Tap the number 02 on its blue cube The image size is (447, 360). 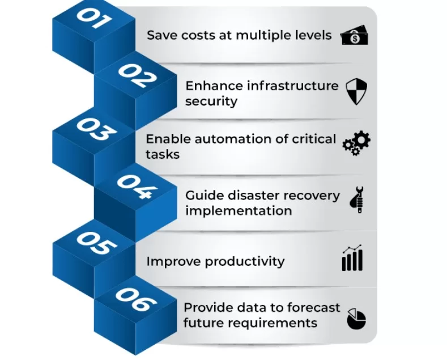pyautogui.click(x=137, y=75)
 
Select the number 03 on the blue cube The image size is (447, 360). pyautogui.click(x=93, y=130)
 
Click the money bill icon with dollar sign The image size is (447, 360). pyautogui.click(x=355, y=36)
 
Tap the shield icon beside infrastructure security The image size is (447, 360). pyautogui.click(x=356, y=91)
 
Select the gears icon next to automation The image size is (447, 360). pyautogui.click(x=356, y=143)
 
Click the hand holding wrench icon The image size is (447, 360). pyautogui.click(x=356, y=200)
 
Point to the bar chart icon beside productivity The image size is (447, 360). pyautogui.click(x=352, y=259)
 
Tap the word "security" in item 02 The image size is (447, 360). pyautogui.click(x=211, y=101)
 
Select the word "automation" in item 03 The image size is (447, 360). pyautogui.click(x=258, y=139)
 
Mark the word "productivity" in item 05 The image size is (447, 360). pyautogui.click(x=244, y=261)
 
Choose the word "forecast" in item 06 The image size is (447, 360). pyautogui.click(x=313, y=307)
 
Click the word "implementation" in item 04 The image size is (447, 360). pyautogui.click(x=239, y=211)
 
